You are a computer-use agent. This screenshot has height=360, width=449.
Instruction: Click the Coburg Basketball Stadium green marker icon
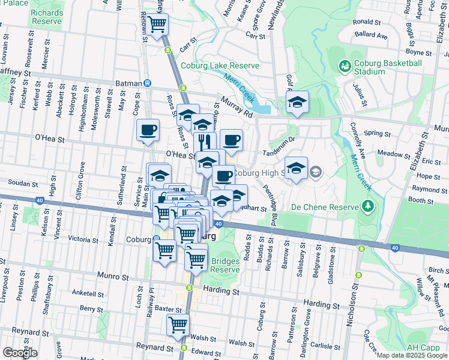[345, 65]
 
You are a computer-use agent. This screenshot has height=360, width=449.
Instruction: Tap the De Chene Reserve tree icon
[367, 208]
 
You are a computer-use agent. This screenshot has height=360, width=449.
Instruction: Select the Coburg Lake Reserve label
[220, 66]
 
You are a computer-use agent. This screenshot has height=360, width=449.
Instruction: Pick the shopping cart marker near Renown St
[157, 25]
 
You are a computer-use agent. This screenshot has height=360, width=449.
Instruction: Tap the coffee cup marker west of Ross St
[148, 130]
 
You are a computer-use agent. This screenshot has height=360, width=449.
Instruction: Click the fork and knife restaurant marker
[205, 142]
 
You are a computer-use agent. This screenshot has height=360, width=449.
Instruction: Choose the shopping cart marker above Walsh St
[178, 326]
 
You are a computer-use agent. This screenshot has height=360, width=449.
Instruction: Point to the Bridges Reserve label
[225, 265]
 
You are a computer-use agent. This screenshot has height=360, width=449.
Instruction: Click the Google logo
[20, 353]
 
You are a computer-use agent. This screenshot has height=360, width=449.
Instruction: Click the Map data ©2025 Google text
[411, 355]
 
